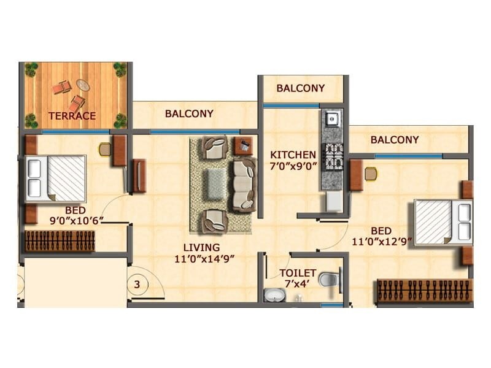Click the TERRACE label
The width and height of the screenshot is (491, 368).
[72, 115]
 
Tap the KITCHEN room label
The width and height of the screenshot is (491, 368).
[293, 155]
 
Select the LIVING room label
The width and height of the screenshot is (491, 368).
[205, 247]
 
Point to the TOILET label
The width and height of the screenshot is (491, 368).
[298, 273]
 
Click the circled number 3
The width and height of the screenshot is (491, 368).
[139, 285]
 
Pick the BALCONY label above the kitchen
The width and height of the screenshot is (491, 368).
[300, 88]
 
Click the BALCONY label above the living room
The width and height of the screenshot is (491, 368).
[189, 113]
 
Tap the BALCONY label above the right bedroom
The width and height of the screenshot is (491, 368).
[395, 140]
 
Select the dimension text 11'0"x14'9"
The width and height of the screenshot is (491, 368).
[205, 258]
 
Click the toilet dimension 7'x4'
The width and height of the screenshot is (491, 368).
[298, 283]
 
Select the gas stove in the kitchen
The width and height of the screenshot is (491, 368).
[332, 156]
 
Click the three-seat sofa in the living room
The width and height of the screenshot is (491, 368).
[244, 185]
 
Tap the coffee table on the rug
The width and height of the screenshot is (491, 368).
[215, 184]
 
